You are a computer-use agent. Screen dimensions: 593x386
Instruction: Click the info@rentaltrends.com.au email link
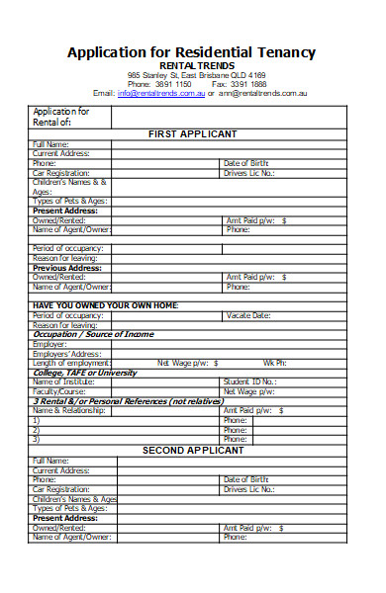point(160,93)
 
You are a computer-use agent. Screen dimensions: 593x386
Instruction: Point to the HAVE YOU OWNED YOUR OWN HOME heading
point(105,305)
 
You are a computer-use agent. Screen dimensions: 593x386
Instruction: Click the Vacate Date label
point(247,315)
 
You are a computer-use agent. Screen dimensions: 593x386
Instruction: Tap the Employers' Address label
point(66,353)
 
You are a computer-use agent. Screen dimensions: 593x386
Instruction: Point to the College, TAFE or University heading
point(84,372)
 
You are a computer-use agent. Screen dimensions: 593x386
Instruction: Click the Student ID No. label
point(249,381)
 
